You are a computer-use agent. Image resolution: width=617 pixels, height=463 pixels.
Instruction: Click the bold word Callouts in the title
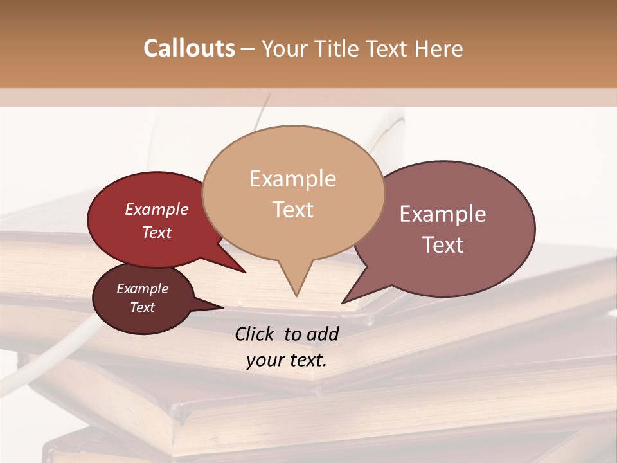pos(189,48)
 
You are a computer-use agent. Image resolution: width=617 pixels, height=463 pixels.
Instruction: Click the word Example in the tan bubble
pos(292,179)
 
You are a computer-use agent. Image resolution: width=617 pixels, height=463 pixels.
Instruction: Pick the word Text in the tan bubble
pos(293,210)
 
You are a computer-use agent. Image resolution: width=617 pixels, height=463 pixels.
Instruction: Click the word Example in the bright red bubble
pos(156,209)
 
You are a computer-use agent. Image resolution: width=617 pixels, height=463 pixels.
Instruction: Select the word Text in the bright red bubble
pos(157,232)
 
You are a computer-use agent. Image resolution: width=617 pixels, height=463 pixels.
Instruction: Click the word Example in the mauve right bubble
pos(443,214)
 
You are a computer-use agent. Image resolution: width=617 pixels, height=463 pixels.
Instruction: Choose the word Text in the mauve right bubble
pos(443,245)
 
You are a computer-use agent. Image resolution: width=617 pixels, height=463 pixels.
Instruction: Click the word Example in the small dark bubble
pos(142,289)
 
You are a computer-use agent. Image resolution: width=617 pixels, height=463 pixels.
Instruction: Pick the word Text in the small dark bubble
pos(142,307)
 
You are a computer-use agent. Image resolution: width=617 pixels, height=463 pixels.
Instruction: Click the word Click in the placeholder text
pos(255,334)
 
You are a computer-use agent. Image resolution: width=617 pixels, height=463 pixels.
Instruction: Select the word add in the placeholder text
pos(323,334)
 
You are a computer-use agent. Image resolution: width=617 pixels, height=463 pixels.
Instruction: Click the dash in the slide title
pos(247,49)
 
